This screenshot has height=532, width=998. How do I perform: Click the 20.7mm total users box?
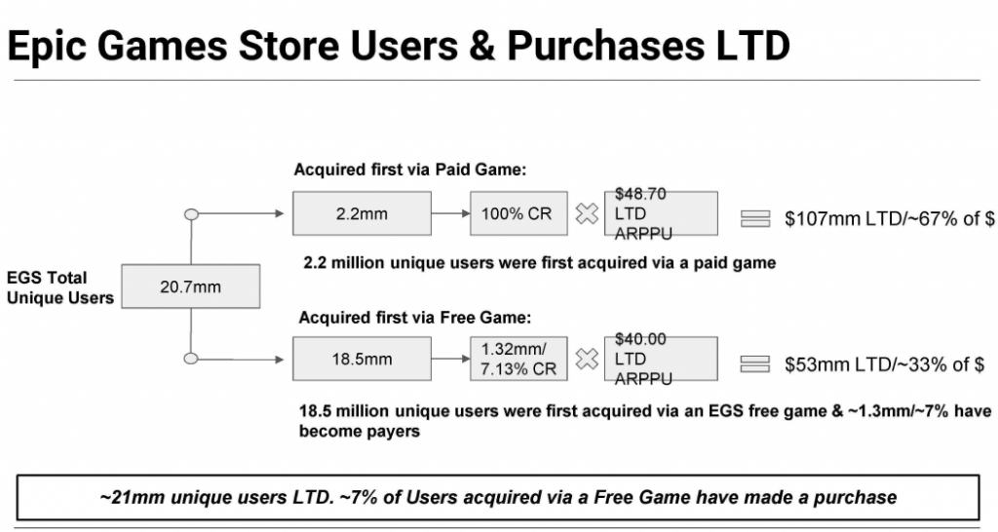191,286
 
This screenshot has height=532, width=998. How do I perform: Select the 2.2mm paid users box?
362,213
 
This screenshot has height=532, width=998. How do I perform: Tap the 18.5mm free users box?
362,359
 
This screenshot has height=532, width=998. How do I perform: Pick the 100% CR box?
518,213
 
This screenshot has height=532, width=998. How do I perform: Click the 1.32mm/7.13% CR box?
518,359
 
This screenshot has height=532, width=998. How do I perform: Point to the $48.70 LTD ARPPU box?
661,213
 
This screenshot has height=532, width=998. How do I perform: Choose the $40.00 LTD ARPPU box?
661,359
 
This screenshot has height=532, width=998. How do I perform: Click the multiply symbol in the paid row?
586,213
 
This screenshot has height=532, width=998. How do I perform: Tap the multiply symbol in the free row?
586,360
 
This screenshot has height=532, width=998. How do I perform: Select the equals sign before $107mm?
755,219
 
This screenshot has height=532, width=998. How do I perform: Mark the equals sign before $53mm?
755,364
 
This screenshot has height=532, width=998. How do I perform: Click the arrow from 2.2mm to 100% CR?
450,213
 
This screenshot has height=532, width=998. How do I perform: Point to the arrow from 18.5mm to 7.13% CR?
450,359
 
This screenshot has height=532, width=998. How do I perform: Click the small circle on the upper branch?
191,214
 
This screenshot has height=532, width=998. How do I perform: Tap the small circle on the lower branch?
191,359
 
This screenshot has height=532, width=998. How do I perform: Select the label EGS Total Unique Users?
59,287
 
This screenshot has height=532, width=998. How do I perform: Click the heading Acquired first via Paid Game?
410,170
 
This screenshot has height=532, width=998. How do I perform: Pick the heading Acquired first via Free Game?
414,317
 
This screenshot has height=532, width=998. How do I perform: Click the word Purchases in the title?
604,46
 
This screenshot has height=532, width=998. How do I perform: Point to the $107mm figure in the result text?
823,219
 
